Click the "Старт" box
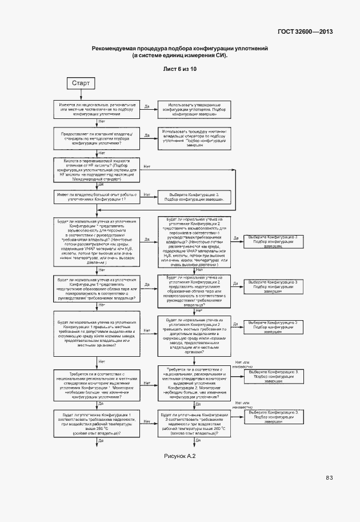(x=81, y=83)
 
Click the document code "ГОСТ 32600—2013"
(x=305, y=32)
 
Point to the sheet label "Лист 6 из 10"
(x=180, y=69)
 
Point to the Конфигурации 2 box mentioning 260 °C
(x=195, y=423)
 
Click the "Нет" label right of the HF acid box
(x=147, y=167)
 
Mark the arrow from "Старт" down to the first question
(x=81, y=95)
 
